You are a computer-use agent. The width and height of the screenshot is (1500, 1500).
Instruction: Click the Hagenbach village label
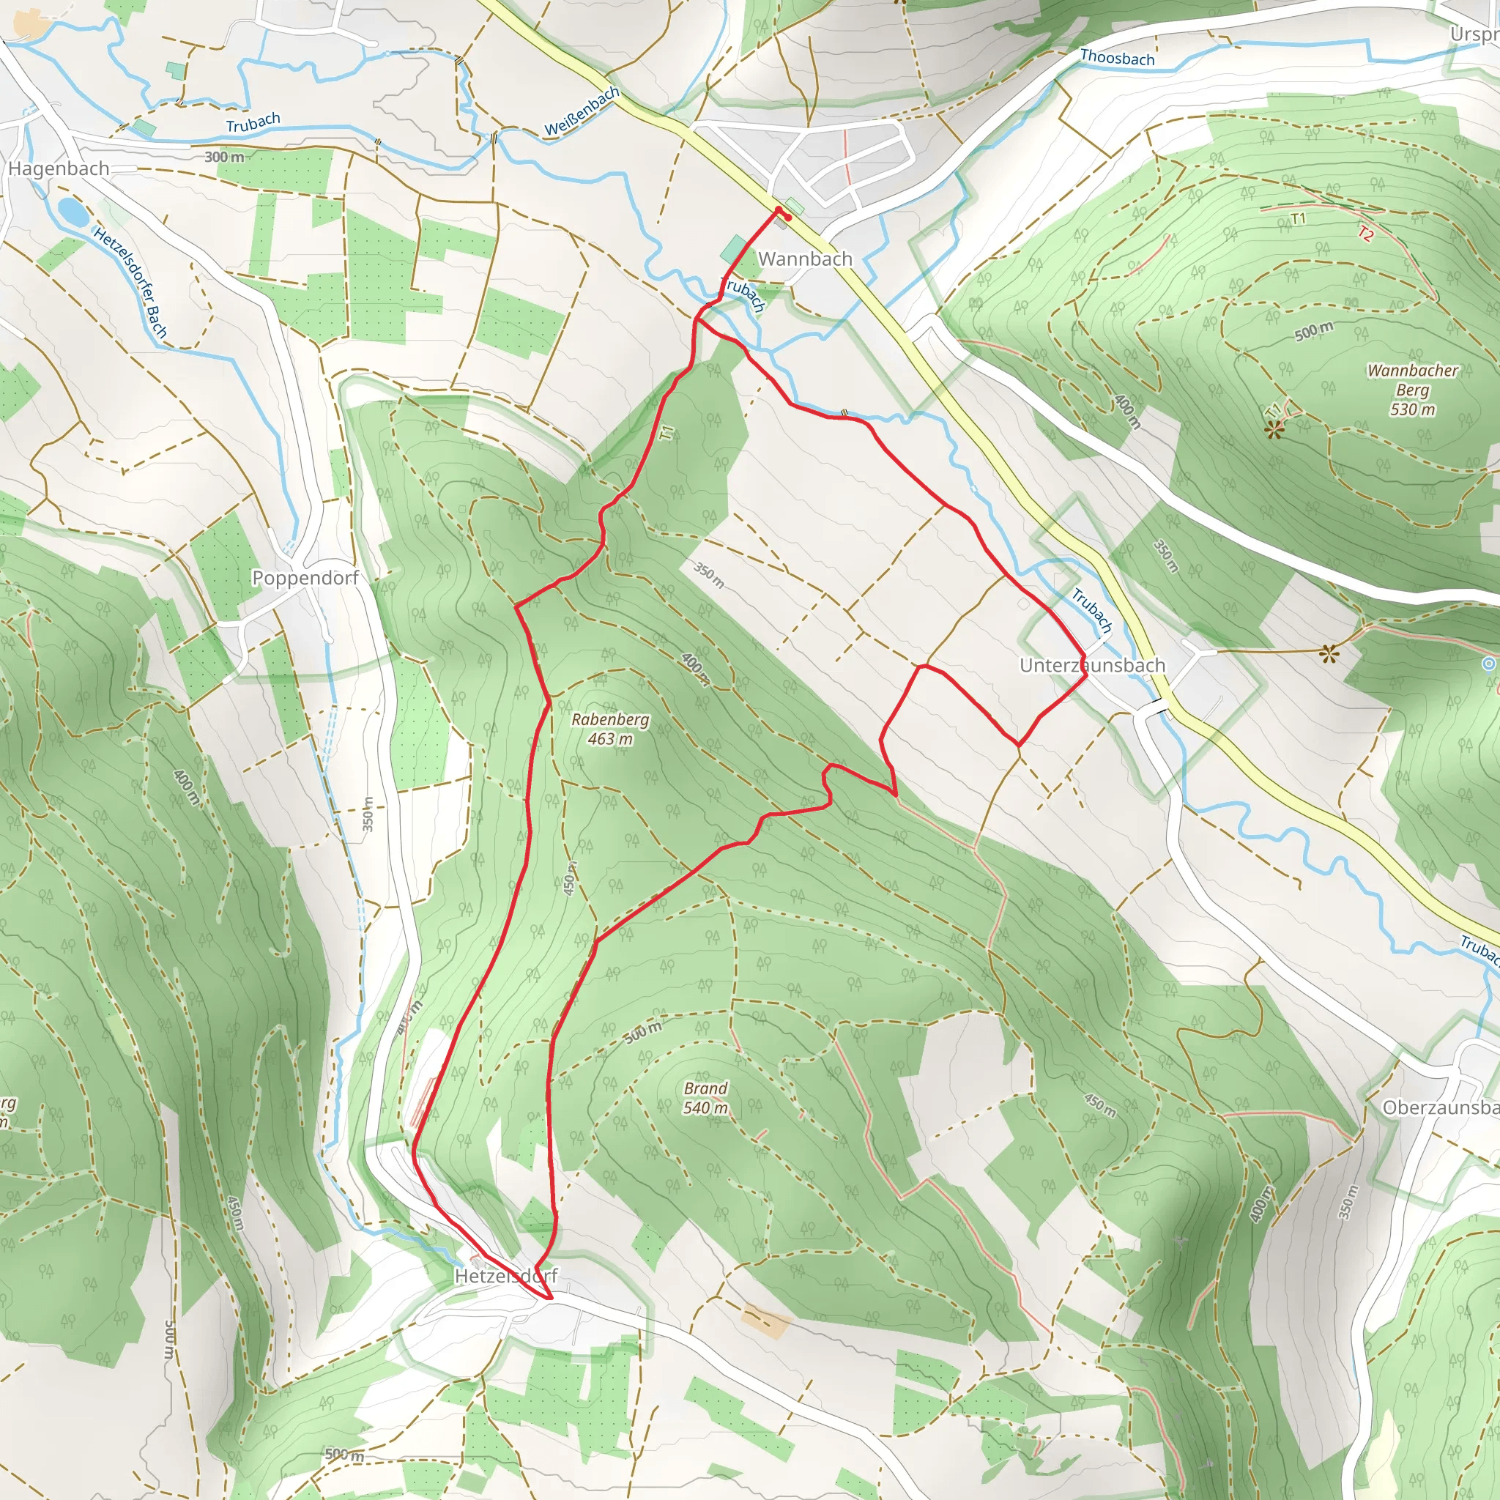pos(59,168)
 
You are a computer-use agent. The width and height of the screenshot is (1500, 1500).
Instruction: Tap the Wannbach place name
pos(805,259)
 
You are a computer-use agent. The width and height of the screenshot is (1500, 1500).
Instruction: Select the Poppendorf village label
pos(305,578)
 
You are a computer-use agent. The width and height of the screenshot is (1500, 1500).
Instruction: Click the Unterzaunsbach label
pos(1091,665)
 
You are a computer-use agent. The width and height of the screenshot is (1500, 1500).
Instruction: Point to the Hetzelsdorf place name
pos(505,1276)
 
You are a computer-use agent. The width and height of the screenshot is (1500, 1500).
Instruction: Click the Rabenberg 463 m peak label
pos(610,729)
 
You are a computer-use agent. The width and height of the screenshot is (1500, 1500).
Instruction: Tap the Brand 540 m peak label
pos(706,1098)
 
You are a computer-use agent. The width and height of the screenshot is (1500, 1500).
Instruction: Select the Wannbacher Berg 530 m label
pos(1412,390)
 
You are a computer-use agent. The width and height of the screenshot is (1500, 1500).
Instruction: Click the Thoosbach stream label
pos(1116,57)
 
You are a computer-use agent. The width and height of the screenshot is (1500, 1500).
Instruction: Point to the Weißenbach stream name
pos(581,112)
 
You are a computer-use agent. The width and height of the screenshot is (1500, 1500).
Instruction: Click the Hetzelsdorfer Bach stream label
pos(130,282)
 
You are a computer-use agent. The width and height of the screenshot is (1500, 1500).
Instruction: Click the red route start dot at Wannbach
pos(779,209)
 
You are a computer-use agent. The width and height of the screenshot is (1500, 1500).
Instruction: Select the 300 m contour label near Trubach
pos(223,157)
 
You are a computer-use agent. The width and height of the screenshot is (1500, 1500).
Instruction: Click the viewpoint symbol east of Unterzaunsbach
pos(1329,655)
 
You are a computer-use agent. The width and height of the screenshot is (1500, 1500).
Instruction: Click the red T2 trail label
pos(1366,232)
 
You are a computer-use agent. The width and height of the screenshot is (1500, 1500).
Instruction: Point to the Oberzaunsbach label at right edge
pos(1440,1107)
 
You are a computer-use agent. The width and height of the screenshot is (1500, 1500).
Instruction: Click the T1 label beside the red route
pos(667,434)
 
